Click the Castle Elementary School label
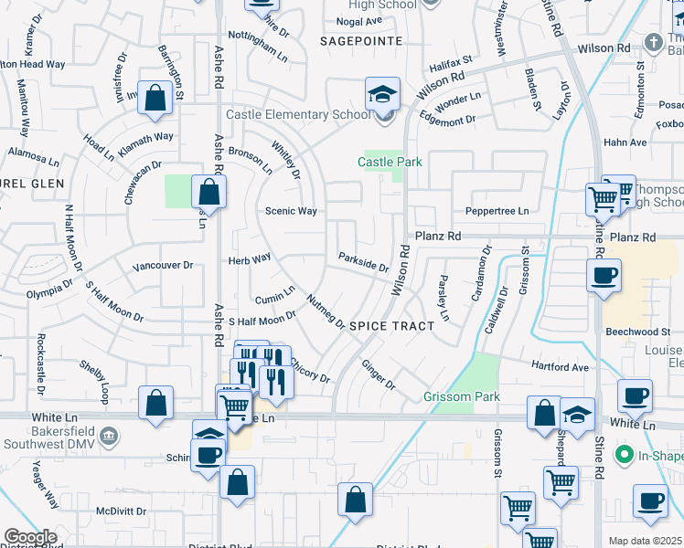tap(298, 114)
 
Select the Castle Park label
tap(390, 162)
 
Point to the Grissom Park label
tap(462, 396)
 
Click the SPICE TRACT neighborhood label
tap(391, 325)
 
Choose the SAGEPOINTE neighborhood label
tap(361, 41)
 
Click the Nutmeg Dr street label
tap(326, 312)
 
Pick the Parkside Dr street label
tap(363, 262)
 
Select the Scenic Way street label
tap(291, 211)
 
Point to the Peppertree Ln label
tap(497, 210)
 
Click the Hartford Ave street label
tap(561, 366)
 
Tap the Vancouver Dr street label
tap(163, 266)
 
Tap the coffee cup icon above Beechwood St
tap(604, 277)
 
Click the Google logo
tap(30, 537)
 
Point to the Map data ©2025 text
tap(645, 541)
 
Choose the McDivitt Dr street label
tap(122, 511)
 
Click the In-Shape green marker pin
tap(625, 454)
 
